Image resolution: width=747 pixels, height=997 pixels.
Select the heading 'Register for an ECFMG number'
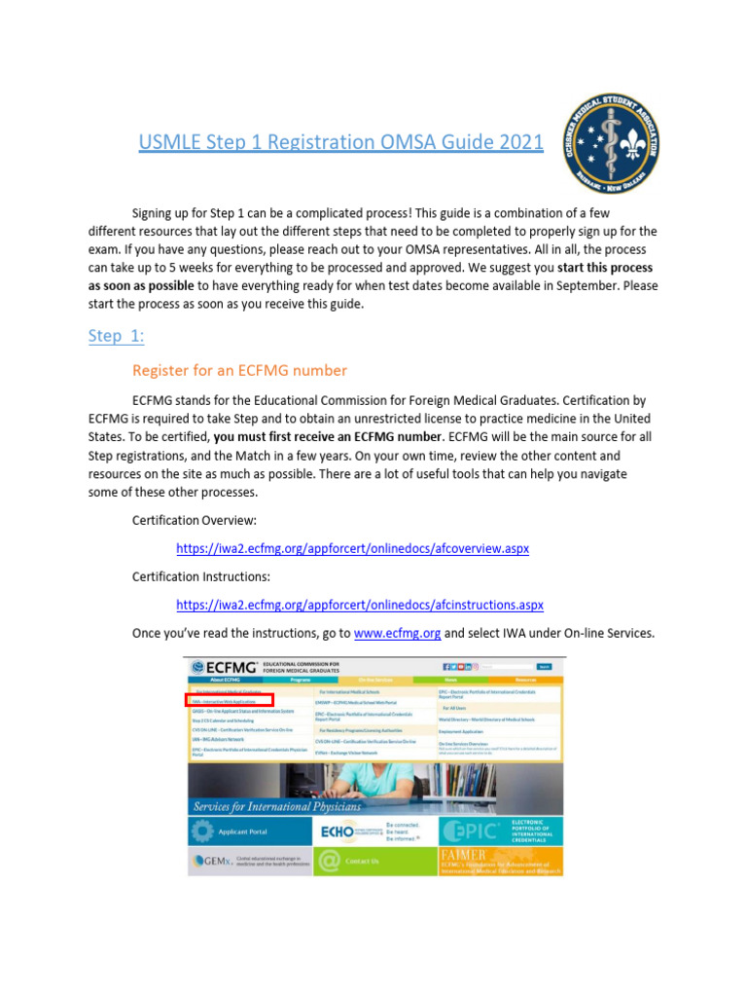tap(239, 370)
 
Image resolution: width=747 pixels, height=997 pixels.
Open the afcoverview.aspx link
tap(352, 549)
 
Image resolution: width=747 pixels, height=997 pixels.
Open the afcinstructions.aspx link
tap(359, 605)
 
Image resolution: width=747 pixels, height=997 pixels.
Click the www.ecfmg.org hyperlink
tap(397, 633)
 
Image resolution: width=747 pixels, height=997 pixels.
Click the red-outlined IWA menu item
tap(231, 700)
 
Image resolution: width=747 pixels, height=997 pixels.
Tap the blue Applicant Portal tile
tap(250, 831)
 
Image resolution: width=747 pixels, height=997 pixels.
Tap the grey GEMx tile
tap(250, 861)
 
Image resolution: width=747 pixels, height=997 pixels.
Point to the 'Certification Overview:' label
tap(195, 521)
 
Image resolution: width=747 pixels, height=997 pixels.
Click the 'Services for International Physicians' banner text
tap(277, 806)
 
